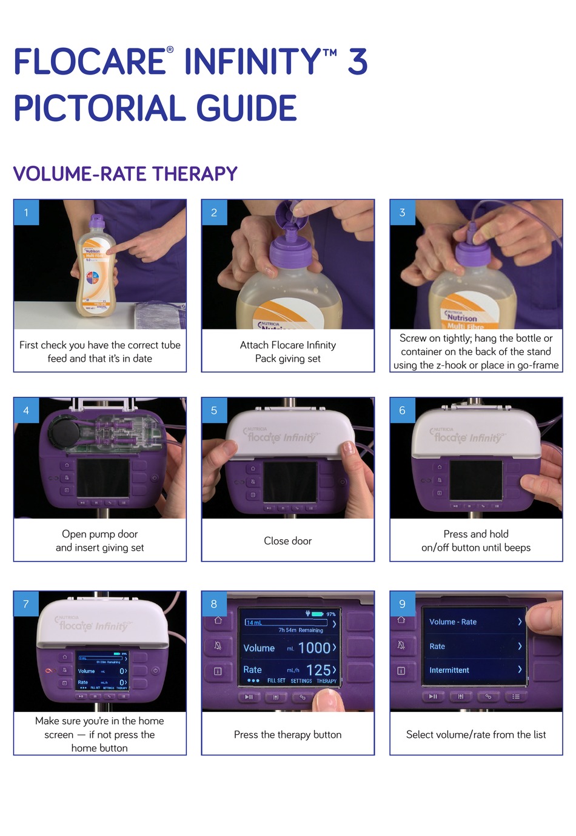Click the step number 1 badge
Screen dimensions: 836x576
click(x=26, y=213)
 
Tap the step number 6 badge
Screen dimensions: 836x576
click(x=402, y=411)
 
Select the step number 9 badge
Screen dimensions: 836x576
click(x=402, y=604)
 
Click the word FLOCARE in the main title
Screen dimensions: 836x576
click(x=90, y=62)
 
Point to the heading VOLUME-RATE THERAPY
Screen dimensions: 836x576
click(x=125, y=174)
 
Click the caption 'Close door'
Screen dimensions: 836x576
click(x=287, y=541)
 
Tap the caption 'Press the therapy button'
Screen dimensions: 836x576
click(x=287, y=735)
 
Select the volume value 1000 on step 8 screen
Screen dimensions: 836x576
click(x=313, y=648)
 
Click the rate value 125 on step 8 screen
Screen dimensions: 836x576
click(x=318, y=670)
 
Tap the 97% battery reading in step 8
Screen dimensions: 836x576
click(x=330, y=614)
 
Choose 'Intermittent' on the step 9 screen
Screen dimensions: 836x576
click(x=449, y=670)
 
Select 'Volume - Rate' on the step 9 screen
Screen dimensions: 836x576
click(x=452, y=622)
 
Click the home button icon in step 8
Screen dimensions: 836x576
click(x=218, y=620)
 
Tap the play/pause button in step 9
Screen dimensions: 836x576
click(x=433, y=697)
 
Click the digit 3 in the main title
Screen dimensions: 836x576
click(x=358, y=62)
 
